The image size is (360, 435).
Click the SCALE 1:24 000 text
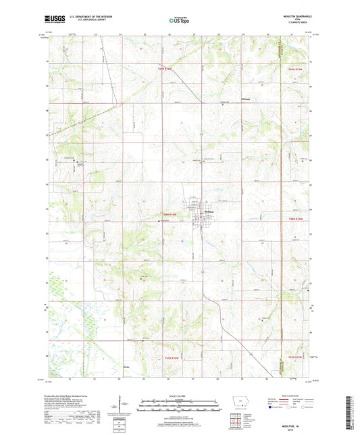coord(180,396)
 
